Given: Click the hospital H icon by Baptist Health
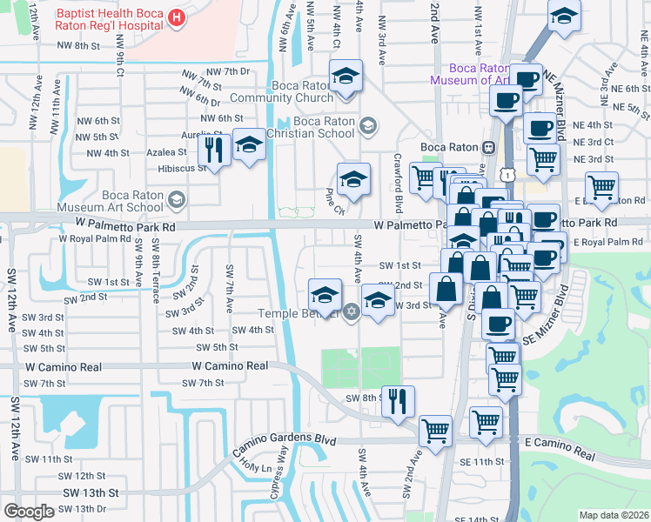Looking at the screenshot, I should click(x=178, y=17).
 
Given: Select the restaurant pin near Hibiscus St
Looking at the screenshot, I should click(x=213, y=149).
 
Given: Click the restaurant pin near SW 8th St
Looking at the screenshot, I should click(x=399, y=401).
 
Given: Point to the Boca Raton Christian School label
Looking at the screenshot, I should click(x=311, y=127).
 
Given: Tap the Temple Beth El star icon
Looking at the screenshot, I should click(x=351, y=312).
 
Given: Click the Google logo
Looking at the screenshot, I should click(x=30, y=512).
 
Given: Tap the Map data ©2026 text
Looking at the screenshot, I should click(x=614, y=515).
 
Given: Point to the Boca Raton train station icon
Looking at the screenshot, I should click(x=489, y=147).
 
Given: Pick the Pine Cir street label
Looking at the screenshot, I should click(x=335, y=201).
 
